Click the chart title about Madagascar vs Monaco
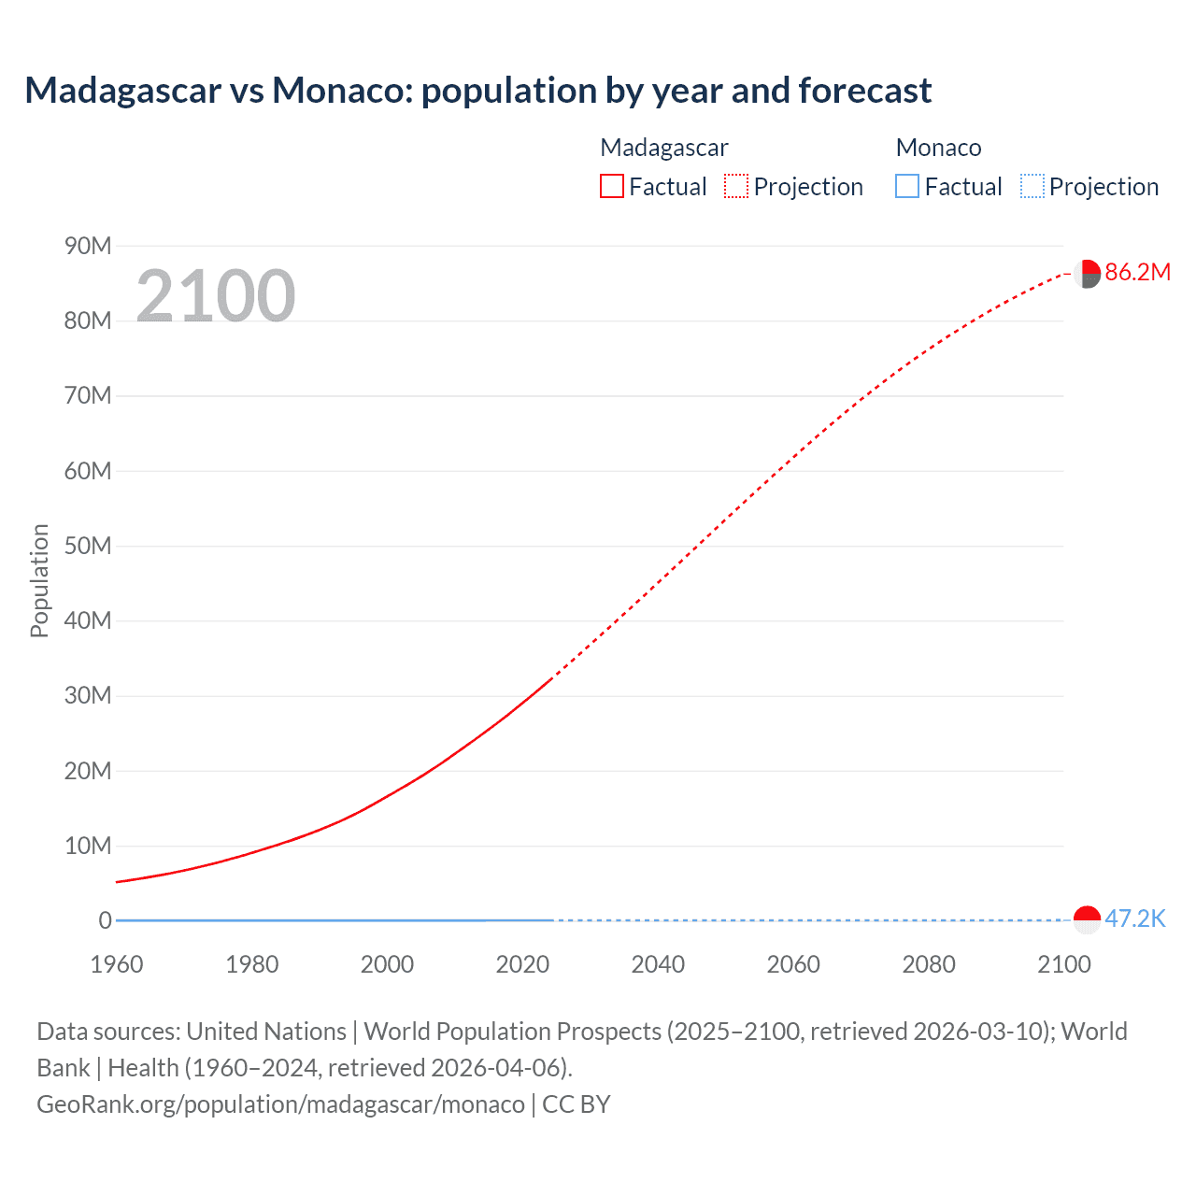coord(477,91)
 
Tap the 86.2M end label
coord(1137,272)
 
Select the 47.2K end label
coord(1134,918)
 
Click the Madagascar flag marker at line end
coord(1087,274)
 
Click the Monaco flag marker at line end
coord(1087,919)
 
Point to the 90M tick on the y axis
coord(88,246)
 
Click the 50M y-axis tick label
coord(88,546)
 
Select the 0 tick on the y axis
coord(105,920)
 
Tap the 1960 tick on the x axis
coord(117,964)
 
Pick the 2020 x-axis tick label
coord(522,964)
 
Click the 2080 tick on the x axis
coord(929,964)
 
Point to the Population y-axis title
coord(39,580)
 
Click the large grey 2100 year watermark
coord(216,296)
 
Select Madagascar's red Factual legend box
coord(612,186)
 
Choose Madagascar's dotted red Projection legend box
coord(736,186)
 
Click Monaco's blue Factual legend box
coord(907,186)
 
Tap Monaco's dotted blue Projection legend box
coord(1032,186)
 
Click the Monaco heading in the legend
coord(938,148)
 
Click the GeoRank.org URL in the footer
coord(280,1104)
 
